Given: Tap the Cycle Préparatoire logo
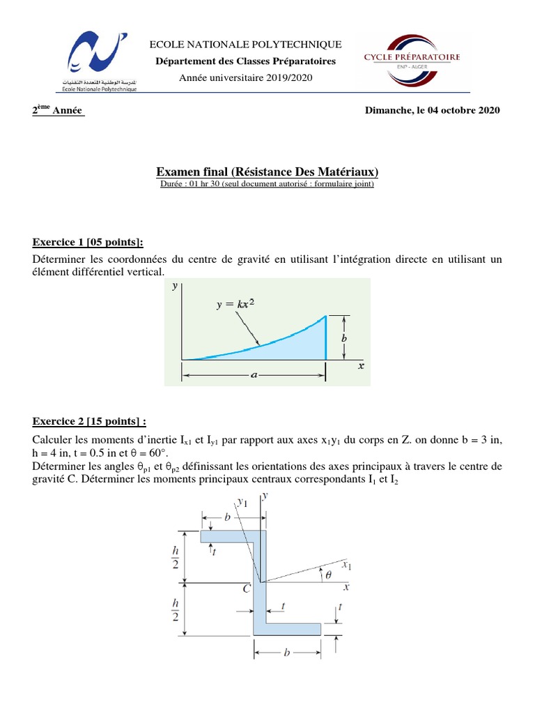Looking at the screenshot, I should click(417, 61).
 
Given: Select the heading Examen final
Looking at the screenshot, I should click(267, 172).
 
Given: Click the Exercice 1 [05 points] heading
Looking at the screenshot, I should click(88, 242).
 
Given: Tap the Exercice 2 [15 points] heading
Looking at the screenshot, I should click(90, 422).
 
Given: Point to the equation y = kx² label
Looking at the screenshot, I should click(234, 305).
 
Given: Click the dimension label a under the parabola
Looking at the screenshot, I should click(254, 375).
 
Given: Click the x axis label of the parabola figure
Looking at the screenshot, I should click(361, 365).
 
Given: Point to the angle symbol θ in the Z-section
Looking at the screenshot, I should click(329, 575).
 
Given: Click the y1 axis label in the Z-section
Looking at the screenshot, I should click(242, 501).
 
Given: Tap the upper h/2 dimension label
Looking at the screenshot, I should click(175, 556).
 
